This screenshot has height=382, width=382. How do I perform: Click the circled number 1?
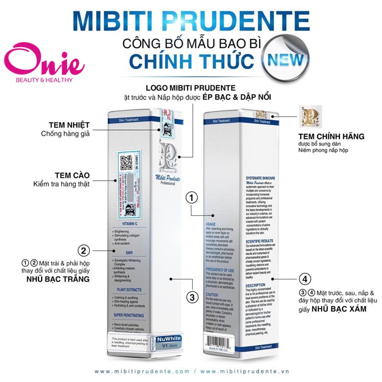(x=191, y=198)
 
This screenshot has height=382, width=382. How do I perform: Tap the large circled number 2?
(x=84, y=251)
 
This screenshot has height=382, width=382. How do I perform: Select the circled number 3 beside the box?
(x=191, y=297)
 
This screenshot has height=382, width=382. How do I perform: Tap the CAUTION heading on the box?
(x=212, y=294)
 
